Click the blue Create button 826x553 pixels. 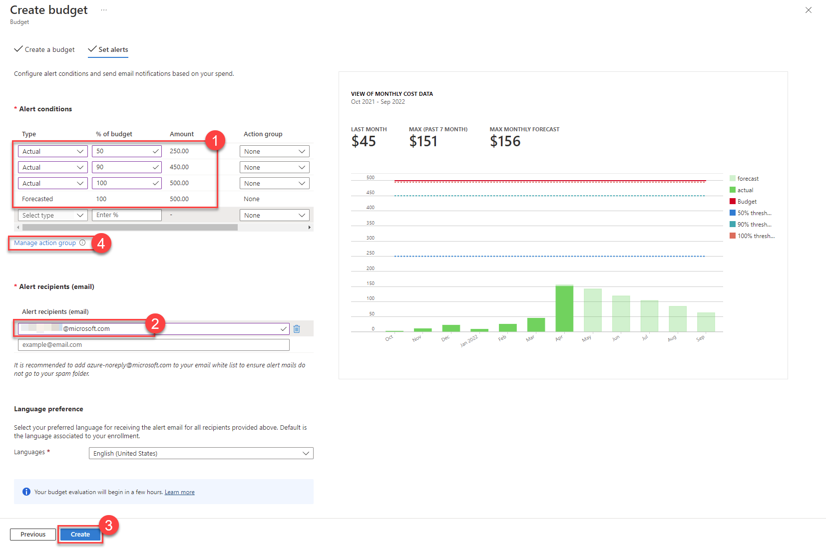(x=80, y=534)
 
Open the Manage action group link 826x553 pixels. (x=45, y=243)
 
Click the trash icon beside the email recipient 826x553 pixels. (x=297, y=329)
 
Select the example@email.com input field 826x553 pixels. (x=153, y=345)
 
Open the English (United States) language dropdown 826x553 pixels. (x=201, y=453)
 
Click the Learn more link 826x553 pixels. (x=180, y=492)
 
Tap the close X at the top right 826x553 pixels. (x=808, y=10)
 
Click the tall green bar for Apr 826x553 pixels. (x=564, y=308)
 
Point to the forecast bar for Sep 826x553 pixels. (x=706, y=322)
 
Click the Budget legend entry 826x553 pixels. (x=747, y=202)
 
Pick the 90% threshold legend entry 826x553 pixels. (x=754, y=225)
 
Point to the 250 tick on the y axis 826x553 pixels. (x=370, y=253)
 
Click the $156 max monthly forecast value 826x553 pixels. (x=505, y=141)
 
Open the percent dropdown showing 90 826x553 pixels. (x=126, y=167)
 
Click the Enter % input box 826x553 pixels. (x=126, y=215)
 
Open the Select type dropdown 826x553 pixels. (x=52, y=215)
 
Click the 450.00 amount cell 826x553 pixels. (x=179, y=167)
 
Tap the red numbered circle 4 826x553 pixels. (x=101, y=244)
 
